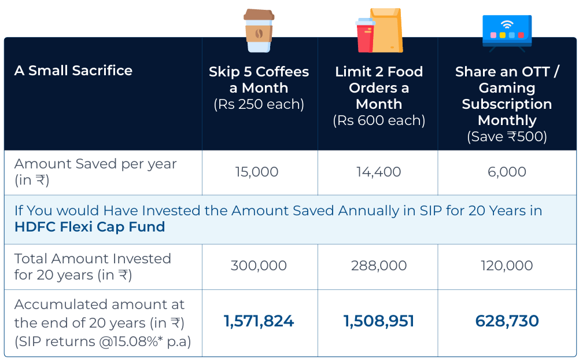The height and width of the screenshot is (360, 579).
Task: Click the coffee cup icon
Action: coord(259,30)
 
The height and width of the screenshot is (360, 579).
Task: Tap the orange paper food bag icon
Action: coord(386,30)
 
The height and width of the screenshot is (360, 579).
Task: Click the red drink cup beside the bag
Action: coord(365,35)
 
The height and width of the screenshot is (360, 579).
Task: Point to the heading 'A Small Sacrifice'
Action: coord(73,70)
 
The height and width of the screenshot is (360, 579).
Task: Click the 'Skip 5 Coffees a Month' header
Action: coord(259,79)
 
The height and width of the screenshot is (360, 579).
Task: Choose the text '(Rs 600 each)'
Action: coord(379,120)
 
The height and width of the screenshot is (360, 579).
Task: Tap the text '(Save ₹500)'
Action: coord(507,137)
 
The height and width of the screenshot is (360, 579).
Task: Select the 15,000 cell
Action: coord(257,172)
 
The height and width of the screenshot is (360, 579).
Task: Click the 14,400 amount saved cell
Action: coord(378,172)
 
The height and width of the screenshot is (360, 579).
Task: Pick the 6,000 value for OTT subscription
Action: coord(507,172)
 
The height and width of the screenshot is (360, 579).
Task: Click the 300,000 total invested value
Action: coord(259,266)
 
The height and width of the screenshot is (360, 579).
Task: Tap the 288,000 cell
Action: coord(379,266)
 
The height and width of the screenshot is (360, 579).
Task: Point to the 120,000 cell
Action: coord(507,266)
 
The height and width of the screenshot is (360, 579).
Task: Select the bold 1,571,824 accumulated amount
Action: coord(259,321)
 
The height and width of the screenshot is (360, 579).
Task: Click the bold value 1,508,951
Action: coord(379,321)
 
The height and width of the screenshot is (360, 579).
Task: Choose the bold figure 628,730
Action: coord(507,321)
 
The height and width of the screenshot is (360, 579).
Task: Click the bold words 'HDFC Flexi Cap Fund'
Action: coord(90,226)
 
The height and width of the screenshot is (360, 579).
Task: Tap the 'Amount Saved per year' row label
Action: coord(95,164)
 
